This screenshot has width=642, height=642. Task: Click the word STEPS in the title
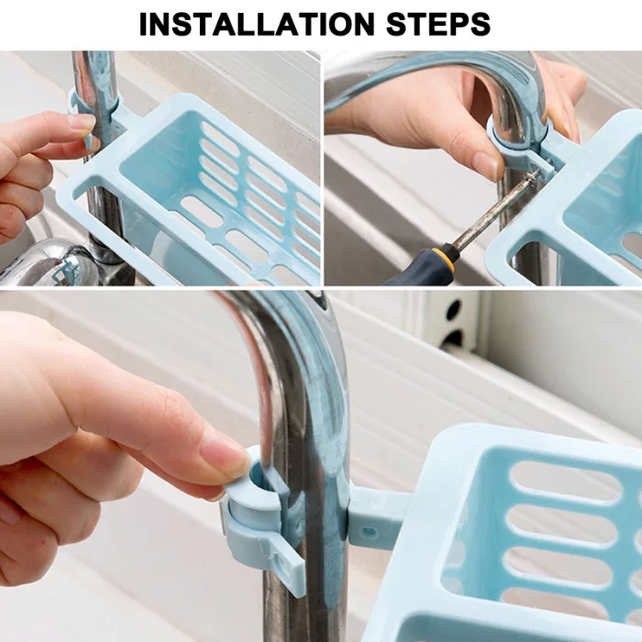tap(438, 24)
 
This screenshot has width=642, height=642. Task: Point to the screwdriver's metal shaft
tap(494, 210)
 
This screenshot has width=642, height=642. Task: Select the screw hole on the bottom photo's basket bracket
tap(370, 532)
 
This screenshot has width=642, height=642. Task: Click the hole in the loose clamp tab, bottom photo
tap(280, 561)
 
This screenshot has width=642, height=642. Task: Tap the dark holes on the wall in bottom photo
tap(452, 324)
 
